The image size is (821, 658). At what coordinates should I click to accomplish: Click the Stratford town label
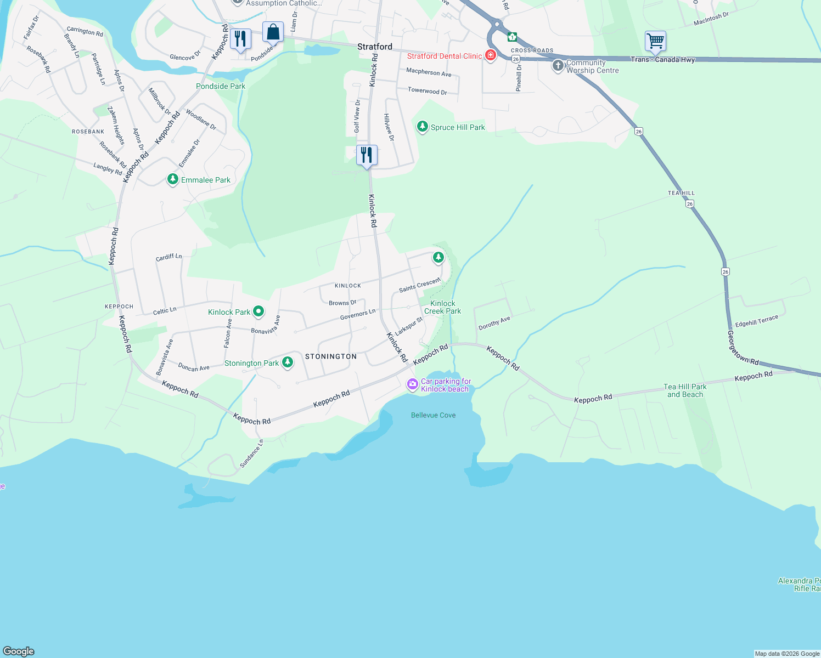tap(375, 47)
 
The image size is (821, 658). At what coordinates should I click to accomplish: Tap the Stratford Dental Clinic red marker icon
tap(491, 55)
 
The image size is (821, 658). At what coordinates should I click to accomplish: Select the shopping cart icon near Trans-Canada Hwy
tap(655, 41)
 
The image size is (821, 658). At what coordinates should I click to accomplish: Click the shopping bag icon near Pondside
tap(273, 32)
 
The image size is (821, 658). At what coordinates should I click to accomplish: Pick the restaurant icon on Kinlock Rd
tap(367, 155)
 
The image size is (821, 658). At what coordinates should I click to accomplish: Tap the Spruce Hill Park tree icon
tap(422, 127)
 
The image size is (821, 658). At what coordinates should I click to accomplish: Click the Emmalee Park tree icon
tap(173, 179)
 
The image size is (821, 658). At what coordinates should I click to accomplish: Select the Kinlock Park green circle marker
tap(258, 311)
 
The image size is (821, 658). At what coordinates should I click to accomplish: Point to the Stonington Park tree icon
tap(287, 362)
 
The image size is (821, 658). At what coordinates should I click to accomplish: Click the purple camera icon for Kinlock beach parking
tap(412, 384)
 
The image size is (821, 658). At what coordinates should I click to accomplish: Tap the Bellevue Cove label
tap(433, 415)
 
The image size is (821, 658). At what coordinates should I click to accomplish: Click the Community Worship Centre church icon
tap(558, 66)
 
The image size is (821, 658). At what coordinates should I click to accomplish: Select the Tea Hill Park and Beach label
tap(685, 390)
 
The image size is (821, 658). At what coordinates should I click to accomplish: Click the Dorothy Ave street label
tap(494, 323)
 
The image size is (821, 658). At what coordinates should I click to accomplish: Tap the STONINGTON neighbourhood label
tap(331, 356)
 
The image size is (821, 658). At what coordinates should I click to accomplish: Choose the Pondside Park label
tap(221, 86)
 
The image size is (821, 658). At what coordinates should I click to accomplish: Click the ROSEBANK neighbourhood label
tap(88, 132)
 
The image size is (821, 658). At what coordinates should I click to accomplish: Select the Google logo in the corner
tap(19, 651)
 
